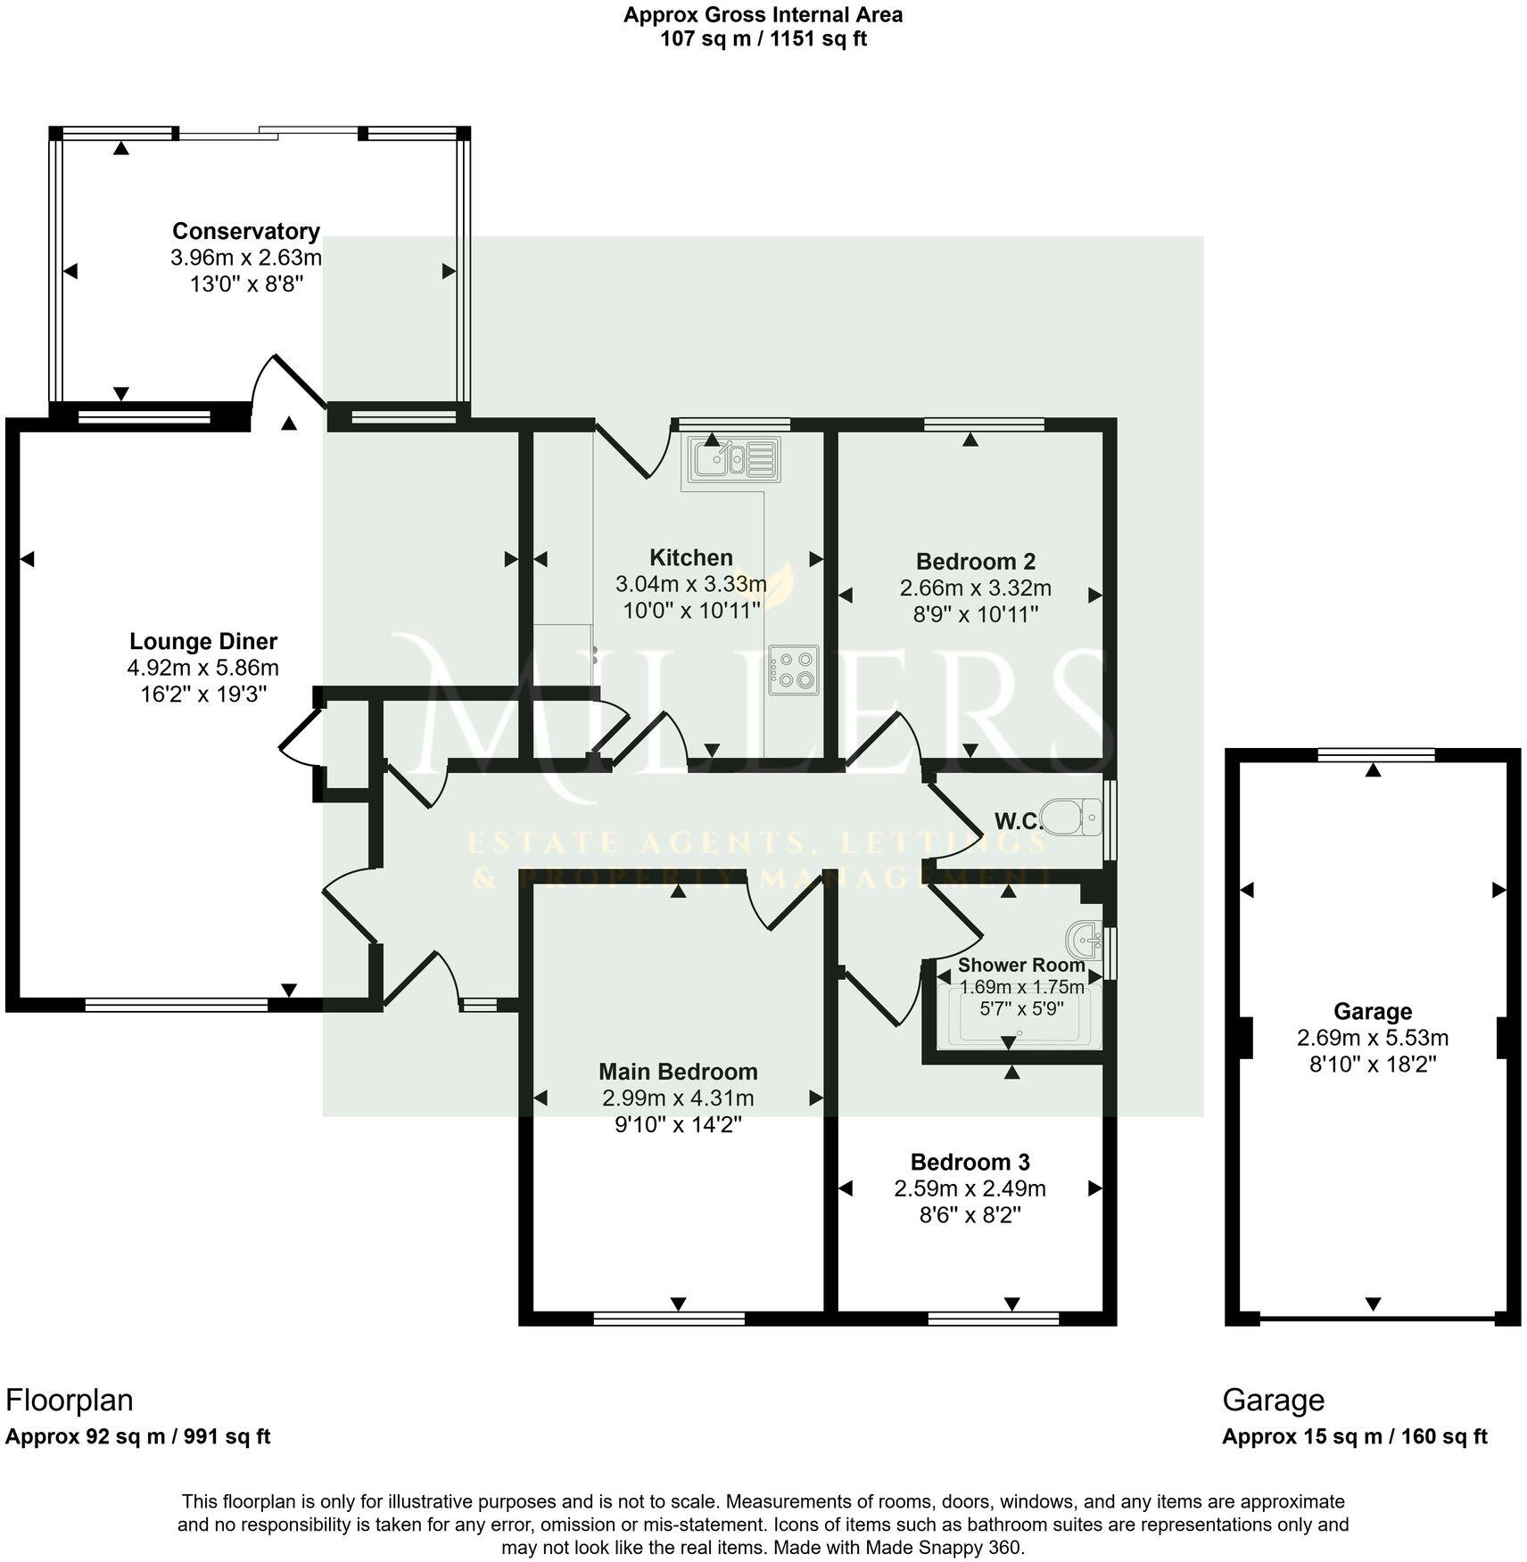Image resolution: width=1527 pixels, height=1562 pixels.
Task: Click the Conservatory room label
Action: pos(245,231)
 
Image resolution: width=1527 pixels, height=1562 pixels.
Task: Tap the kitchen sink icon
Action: pos(730,460)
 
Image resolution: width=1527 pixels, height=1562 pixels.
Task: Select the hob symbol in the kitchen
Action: pos(793,670)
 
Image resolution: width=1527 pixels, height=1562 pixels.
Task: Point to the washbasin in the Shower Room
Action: pos(1085,938)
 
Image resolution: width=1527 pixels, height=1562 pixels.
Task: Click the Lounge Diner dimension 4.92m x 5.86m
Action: pos(203,668)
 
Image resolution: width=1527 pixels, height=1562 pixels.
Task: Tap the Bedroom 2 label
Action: pos(975,562)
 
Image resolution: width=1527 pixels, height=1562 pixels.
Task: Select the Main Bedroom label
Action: pos(678,1072)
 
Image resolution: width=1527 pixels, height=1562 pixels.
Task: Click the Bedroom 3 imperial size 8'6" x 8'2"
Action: pos(970,1215)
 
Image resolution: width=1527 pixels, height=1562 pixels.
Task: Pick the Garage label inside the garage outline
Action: pos(1372,1011)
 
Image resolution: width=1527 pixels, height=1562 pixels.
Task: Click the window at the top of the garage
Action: pos(1376,755)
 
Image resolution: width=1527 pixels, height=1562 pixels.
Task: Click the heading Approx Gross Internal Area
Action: pos(763,15)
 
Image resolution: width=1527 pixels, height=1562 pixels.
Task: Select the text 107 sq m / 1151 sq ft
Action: pos(763,39)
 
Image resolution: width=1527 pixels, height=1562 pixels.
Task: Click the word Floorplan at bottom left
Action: pos(70,1400)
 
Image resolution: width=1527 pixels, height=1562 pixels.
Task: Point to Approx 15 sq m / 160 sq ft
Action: pos(1354,1436)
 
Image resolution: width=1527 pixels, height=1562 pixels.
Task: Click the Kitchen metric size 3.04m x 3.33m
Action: pos(690,585)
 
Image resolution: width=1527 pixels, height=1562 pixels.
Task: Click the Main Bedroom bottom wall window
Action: pos(669,1319)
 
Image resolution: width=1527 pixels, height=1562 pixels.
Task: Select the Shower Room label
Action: pos(1020,965)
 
